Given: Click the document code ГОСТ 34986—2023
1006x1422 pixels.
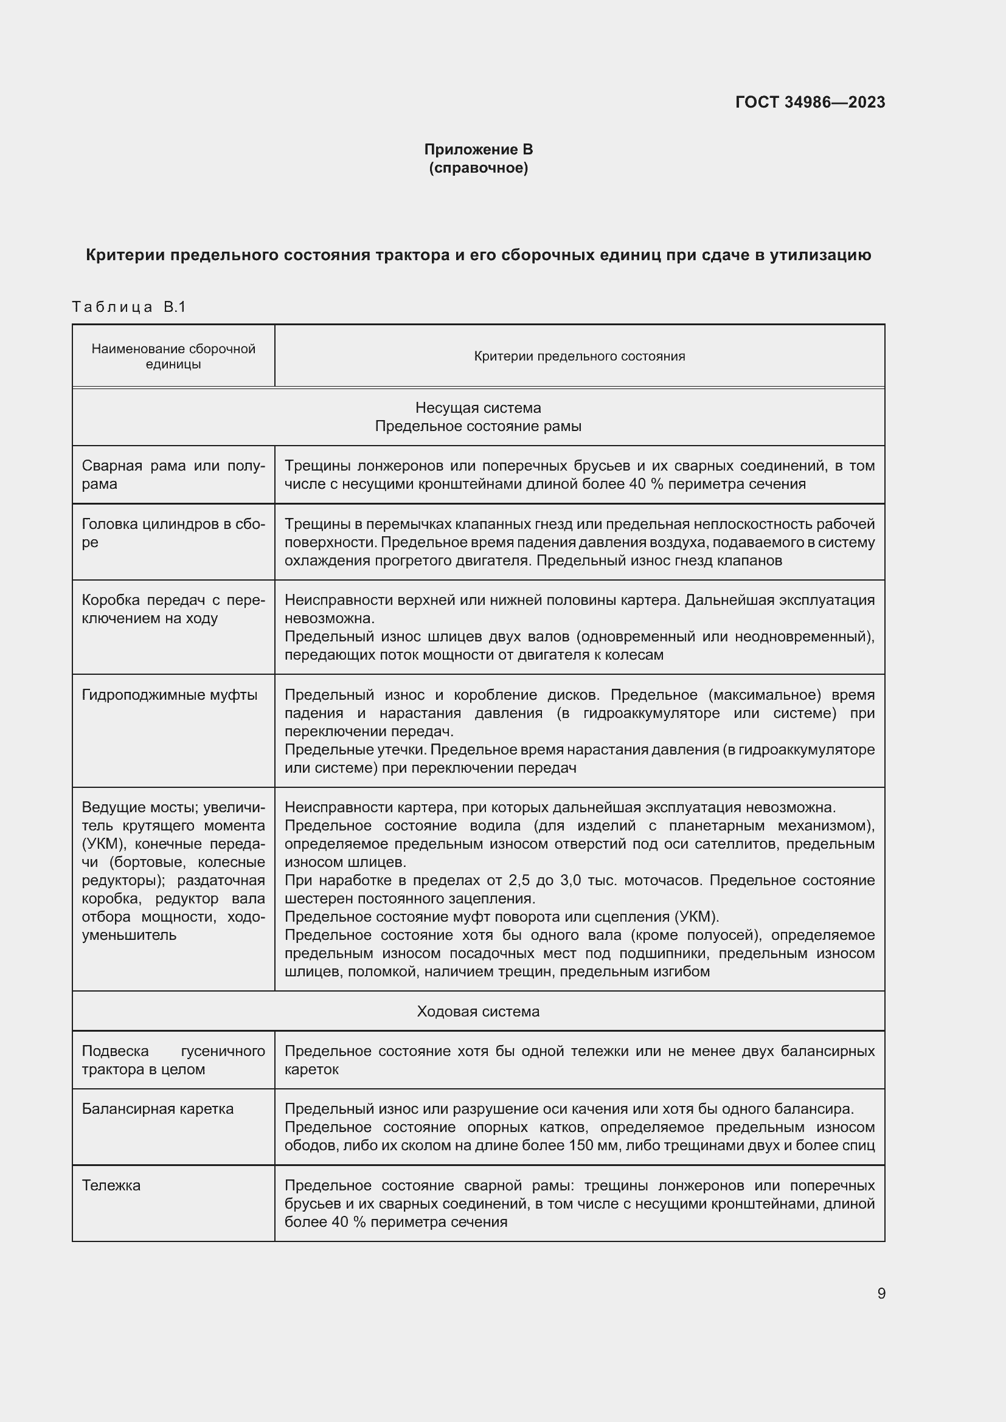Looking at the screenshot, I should pyautogui.click(x=810, y=102).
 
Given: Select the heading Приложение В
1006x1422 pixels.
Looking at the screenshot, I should pyautogui.click(x=478, y=150).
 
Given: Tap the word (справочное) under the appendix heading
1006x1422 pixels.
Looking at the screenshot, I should pyautogui.click(x=478, y=168).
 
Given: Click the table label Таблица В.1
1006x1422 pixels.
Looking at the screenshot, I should pyautogui.click(x=129, y=306).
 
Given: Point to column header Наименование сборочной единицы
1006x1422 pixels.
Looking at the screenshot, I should pyautogui.click(x=173, y=356).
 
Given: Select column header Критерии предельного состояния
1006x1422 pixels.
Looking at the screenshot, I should pyautogui.click(x=579, y=356).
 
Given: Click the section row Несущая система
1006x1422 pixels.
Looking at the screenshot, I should pyautogui.click(x=477, y=407).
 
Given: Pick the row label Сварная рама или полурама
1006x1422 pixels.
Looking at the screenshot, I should pyautogui.click(x=173, y=474).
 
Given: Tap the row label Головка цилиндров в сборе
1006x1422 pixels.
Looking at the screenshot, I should pyautogui.click(x=173, y=533).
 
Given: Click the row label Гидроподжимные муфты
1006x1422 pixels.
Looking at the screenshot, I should pyautogui.click(x=170, y=695).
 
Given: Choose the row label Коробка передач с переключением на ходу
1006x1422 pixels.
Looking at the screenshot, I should pyautogui.click(x=173, y=609).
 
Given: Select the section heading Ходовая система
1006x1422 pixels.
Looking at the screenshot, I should pyautogui.click(x=477, y=1012).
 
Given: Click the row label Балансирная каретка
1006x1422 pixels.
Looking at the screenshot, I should pyautogui.click(x=158, y=1109).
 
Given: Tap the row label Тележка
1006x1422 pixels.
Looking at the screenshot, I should pyautogui.click(x=111, y=1186).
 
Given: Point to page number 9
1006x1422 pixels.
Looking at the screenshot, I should pyautogui.click(x=881, y=1294).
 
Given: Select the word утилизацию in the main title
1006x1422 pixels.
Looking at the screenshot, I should pyautogui.click(x=820, y=255).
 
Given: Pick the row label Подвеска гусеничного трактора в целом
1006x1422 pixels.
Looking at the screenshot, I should pyautogui.click(x=173, y=1060).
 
